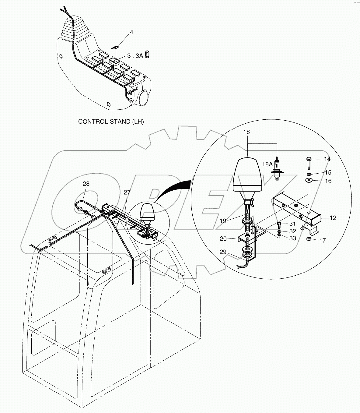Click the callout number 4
tap(131, 32)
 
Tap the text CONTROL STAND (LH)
tap(111, 122)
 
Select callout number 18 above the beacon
tap(246, 132)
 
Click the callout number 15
tap(328, 173)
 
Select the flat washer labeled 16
tap(309, 181)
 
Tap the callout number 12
tap(333, 218)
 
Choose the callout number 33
tap(292, 238)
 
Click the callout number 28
tap(86, 184)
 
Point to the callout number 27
tap(127, 192)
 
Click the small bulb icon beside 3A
tap(148, 55)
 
